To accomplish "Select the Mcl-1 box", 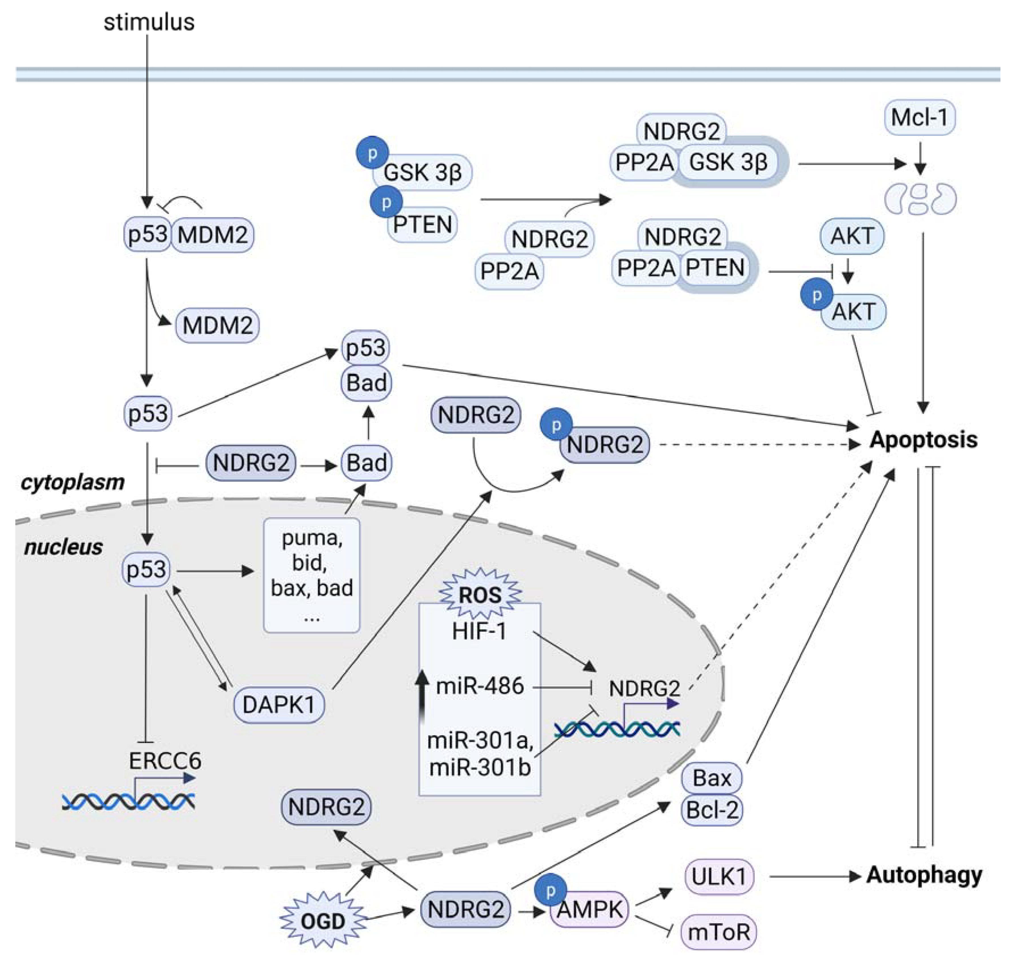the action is (919, 117).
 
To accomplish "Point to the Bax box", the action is (712, 778).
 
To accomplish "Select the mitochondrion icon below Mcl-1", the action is (920, 199).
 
